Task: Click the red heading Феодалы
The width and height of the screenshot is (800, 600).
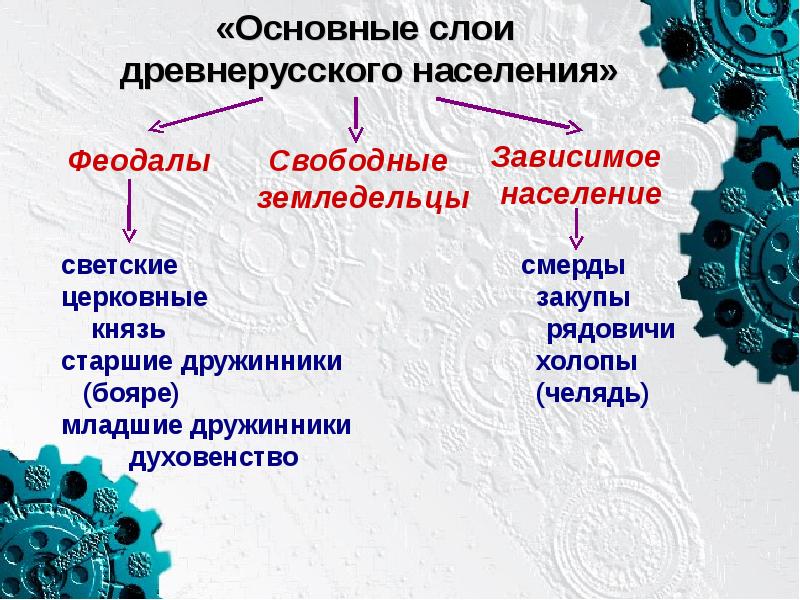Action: (x=138, y=160)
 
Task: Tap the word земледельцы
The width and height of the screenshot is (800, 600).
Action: (x=363, y=198)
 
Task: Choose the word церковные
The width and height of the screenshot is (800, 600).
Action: (x=134, y=298)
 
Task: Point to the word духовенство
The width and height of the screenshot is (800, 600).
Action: (x=215, y=457)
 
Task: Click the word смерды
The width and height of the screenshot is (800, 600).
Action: (x=574, y=267)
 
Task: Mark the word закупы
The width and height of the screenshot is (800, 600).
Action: (x=583, y=298)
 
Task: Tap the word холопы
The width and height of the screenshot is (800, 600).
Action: (x=587, y=361)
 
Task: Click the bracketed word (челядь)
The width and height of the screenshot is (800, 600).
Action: (x=592, y=393)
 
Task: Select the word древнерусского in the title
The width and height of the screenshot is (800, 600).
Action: (x=265, y=72)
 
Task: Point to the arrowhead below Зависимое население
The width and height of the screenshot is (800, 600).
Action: (x=576, y=239)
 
